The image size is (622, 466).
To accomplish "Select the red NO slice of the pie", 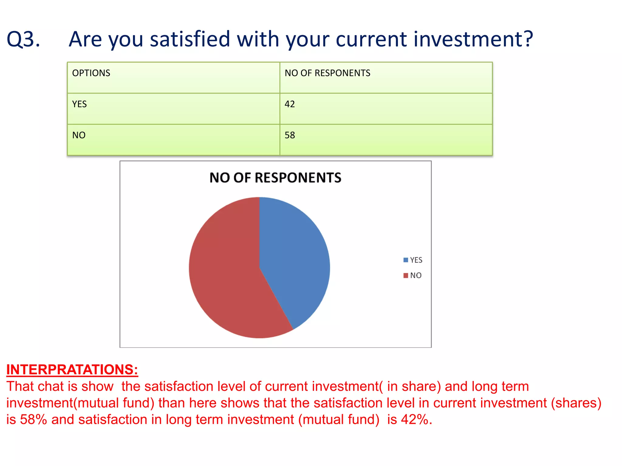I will (225, 273).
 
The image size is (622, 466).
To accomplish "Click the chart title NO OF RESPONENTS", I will (275, 177).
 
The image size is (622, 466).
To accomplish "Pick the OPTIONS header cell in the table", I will (91, 73).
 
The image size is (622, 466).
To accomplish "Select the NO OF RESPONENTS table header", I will (327, 73).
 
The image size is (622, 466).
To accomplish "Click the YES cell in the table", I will (79, 104).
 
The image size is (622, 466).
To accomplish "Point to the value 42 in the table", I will (289, 104).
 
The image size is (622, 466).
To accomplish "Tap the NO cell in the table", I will (79, 135).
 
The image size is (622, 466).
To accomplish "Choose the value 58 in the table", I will (289, 135).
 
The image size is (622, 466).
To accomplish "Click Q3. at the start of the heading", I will (23, 39).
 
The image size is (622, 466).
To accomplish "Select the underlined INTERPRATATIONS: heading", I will (72, 370).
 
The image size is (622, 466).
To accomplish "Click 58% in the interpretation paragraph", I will (33, 420).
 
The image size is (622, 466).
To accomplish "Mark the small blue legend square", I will (405, 260).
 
